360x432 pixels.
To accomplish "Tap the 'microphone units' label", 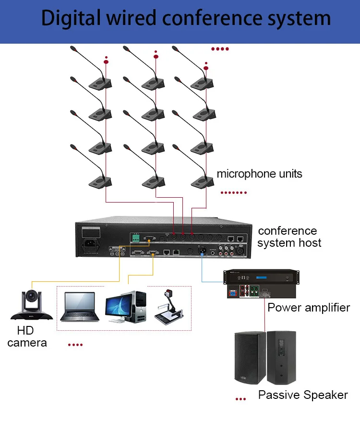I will (259, 174).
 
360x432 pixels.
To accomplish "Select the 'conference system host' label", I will (289, 237).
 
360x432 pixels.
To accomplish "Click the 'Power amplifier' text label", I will (309, 307).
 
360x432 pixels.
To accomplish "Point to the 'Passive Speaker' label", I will (302, 395).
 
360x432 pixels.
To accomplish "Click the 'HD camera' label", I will (27, 336).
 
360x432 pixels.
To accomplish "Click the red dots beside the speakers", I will (240, 398).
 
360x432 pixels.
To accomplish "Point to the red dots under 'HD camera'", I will (75, 345).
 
